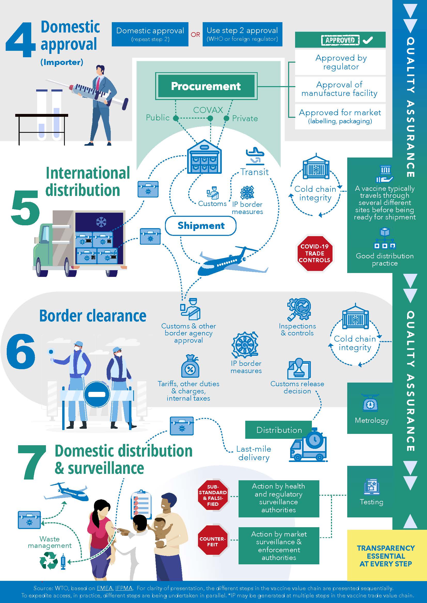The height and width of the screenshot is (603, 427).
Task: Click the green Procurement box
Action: pyautogui.click(x=206, y=86)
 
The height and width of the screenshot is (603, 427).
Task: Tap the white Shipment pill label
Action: pyautogui.click(x=201, y=226)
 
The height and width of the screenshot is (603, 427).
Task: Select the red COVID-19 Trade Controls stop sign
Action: pyautogui.click(x=315, y=253)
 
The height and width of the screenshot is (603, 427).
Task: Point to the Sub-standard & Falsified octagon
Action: pyautogui.click(x=212, y=495)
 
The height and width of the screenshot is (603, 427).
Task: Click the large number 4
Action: pyautogui.click(x=20, y=40)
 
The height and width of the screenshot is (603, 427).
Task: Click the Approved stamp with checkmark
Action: pyautogui.click(x=340, y=40)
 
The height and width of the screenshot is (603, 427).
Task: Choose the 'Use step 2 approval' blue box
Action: pyautogui.click(x=242, y=34)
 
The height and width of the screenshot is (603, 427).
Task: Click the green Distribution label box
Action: pyautogui.click(x=279, y=430)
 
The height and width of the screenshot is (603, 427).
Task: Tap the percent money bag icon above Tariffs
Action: pyautogui.click(x=190, y=367)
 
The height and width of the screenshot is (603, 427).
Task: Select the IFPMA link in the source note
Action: pyautogui.click(x=124, y=588)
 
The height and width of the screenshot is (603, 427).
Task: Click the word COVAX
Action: pyautogui.click(x=208, y=110)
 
